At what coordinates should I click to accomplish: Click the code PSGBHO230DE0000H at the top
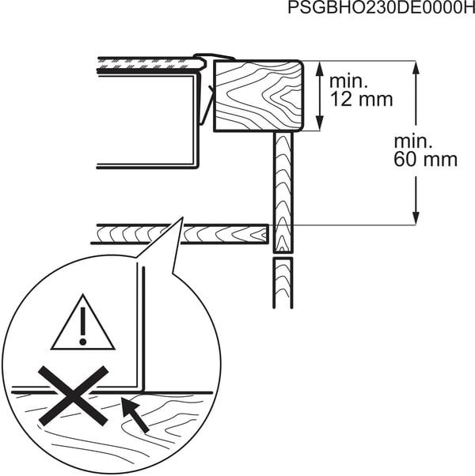point(381,8)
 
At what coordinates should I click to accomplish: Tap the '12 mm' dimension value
point(361,99)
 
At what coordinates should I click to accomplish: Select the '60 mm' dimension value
point(425,159)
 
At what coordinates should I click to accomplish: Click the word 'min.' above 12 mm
point(348,81)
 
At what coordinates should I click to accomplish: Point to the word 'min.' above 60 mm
point(412,142)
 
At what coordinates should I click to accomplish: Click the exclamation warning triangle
point(82,322)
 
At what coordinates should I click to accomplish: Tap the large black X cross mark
point(74,395)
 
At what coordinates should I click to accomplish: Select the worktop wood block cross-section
point(258,96)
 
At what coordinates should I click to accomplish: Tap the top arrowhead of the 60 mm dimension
point(416,68)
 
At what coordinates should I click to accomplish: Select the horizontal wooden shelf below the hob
point(180,234)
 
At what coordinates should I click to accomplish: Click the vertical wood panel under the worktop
point(283,192)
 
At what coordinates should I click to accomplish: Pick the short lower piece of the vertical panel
point(283,283)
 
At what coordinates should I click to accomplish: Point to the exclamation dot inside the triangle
point(82,342)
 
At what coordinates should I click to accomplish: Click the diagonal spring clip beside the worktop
point(208,104)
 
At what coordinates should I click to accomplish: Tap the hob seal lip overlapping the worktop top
point(215,57)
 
